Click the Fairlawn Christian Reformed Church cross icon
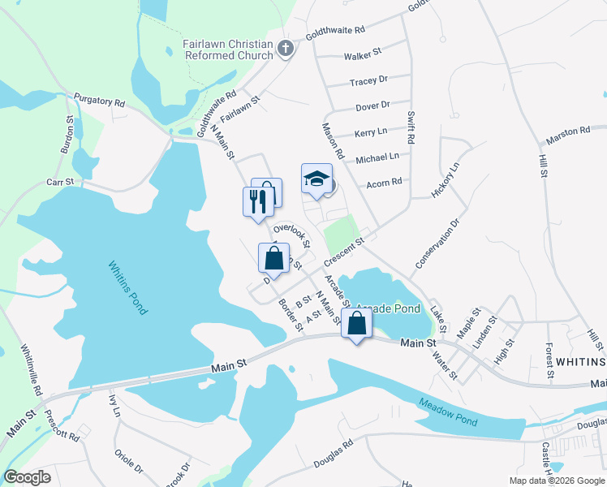[x=284, y=49]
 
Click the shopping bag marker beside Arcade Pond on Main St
[x=356, y=324]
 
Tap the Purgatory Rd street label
[x=99, y=103]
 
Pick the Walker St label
[x=362, y=55]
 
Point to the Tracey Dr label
[x=368, y=81]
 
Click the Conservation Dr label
[x=437, y=243]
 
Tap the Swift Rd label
[x=411, y=128]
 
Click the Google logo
[x=27, y=477]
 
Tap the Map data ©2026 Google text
[x=556, y=481]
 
